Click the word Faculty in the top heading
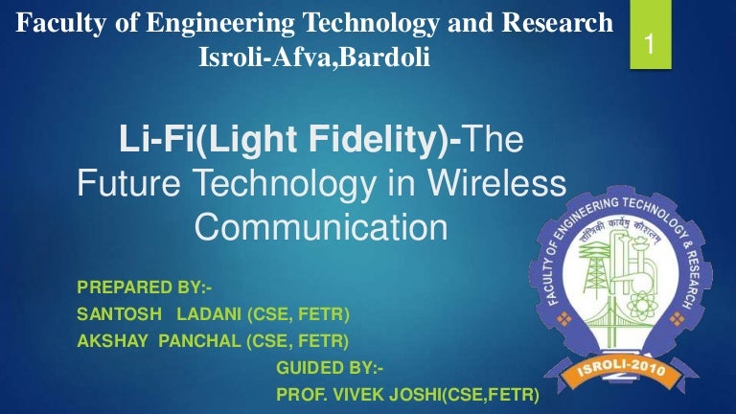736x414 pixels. (61, 23)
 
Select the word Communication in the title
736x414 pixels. (321, 225)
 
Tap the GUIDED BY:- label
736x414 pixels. (329, 367)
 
